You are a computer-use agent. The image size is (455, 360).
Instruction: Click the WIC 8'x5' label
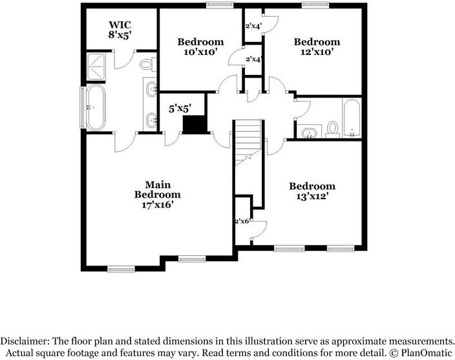coord(120,30)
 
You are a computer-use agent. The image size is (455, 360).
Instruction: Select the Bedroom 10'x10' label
coord(200,47)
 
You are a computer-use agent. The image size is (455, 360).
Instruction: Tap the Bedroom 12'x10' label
coord(317,47)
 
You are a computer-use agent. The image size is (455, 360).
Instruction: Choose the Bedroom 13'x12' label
coord(312,191)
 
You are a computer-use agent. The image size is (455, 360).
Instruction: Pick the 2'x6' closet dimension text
coord(242,221)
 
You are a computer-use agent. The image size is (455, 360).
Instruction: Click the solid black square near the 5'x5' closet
coord(193,125)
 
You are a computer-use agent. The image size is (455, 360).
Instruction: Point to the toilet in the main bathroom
coord(147,65)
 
